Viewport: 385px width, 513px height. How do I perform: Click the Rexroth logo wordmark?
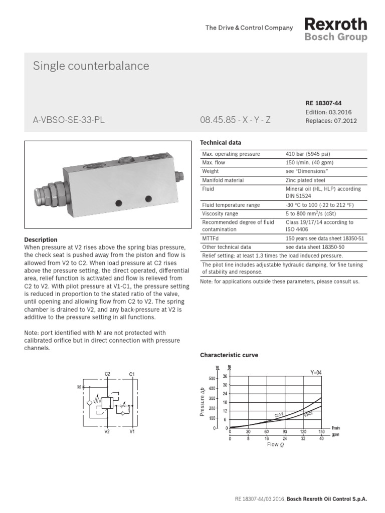336,24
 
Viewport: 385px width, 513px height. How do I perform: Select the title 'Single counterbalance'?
91,66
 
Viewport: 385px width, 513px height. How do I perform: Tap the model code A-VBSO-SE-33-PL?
69,121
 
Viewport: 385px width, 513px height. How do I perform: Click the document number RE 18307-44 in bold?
323,103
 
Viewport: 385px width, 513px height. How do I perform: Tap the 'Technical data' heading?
221,143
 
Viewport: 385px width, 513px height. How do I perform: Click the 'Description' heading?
41,240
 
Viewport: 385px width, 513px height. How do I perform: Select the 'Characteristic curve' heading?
229,355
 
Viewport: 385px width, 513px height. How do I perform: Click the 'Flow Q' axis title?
275,444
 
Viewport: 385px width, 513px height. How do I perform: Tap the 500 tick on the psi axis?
212,379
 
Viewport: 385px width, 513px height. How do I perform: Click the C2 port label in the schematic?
107,374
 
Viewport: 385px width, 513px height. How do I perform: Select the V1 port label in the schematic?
132,431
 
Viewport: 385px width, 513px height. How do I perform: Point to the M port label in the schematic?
79,387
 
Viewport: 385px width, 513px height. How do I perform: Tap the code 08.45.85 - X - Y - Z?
235,121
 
